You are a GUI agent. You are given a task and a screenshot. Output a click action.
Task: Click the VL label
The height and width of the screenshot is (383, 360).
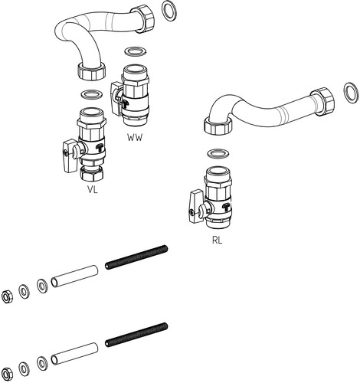(x=93, y=189)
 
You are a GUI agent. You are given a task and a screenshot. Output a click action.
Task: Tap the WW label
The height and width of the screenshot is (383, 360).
(x=135, y=138)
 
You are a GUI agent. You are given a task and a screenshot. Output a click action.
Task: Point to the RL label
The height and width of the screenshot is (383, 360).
(x=217, y=240)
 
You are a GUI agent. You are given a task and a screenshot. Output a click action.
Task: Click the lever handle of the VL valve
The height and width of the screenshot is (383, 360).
(x=70, y=156)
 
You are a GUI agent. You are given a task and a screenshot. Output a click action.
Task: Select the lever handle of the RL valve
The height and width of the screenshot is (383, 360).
(x=197, y=206)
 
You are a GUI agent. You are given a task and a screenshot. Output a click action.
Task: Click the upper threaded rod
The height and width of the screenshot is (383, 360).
(x=136, y=257)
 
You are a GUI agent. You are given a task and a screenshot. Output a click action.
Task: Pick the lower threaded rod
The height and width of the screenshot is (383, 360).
(x=136, y=335)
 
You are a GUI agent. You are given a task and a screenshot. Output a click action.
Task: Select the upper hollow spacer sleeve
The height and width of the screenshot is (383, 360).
(x=74, y=276)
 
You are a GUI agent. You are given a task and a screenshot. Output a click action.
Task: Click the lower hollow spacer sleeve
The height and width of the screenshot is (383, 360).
(x=74, y=354)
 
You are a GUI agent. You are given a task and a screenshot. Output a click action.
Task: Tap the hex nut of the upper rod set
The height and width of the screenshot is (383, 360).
(x=6, y=296)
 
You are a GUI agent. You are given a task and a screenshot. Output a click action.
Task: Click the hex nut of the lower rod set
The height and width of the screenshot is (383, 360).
(x=6, y=374)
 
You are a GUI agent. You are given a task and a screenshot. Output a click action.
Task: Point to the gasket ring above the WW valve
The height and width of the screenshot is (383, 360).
(x=136, y=51)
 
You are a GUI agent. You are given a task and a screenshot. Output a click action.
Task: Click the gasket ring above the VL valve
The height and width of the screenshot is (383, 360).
(x=92, y=94)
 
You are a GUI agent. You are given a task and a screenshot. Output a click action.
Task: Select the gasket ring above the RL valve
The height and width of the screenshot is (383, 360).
(x=218, y=153)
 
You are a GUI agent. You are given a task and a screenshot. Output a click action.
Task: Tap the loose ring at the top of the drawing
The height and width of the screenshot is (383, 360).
(x=170, y=11)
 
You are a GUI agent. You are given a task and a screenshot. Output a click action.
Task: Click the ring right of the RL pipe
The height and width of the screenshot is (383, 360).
(x=351, y=93)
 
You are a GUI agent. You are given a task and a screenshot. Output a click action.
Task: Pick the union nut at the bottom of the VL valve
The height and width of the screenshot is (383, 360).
(x=92, y=173)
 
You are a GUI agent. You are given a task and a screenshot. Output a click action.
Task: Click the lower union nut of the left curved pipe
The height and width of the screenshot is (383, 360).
(x=91, y=70)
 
